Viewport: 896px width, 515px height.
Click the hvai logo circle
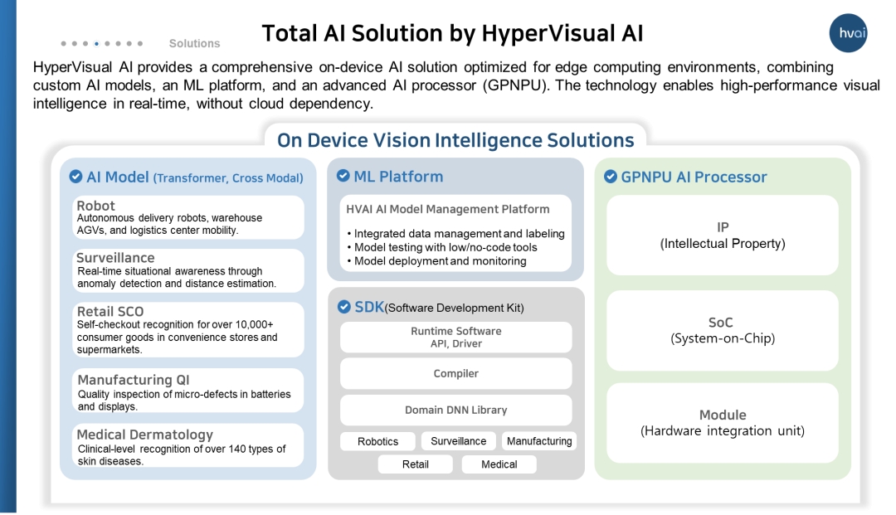pos(848,33)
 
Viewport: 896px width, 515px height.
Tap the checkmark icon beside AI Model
pos(75,177)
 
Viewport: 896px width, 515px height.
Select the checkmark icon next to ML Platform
pos(343,175)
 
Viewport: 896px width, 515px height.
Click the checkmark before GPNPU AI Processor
pos(611,177)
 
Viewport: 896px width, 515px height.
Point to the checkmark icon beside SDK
pos(344,307)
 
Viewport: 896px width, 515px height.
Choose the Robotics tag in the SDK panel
pos(377,441)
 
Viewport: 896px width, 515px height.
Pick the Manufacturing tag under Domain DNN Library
pos(539,440)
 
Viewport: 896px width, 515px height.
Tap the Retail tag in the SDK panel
pos(416,464)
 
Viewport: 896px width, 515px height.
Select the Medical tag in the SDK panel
pos(499,464)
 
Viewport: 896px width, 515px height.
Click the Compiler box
pos(456,373)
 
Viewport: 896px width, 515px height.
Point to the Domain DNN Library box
pos(456,410)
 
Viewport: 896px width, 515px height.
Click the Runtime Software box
pos(456,337)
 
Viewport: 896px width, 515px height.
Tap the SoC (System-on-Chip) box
pos(723,331)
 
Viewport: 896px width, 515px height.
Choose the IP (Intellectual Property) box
pos(723,236)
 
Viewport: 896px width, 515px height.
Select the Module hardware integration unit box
pos(723,423)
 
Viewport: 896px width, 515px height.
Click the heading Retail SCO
pos(110,311)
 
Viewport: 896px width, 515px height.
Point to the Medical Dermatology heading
pos(144,435)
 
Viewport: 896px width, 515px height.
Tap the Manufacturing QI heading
pos(134,380)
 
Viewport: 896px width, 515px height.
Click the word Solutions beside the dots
pos(194,43)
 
